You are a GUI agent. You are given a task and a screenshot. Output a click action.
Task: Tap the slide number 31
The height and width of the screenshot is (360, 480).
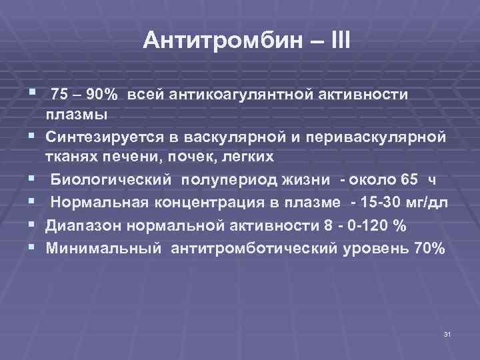point(447,333)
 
